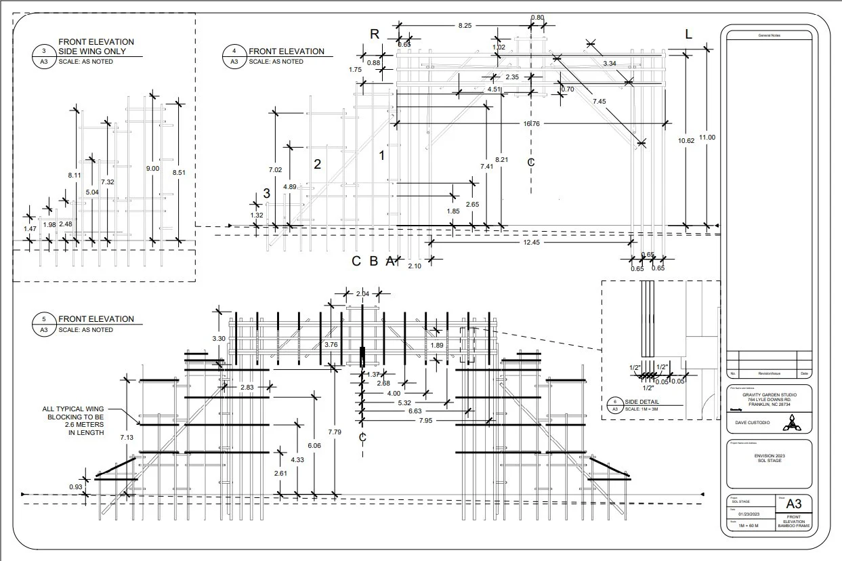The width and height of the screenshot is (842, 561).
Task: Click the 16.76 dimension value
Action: [531, 123]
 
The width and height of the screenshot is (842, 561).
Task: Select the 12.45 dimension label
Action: [531, 242]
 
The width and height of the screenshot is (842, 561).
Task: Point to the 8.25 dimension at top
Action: [465, 25]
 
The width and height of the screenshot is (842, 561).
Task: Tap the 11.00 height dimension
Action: [707, 138]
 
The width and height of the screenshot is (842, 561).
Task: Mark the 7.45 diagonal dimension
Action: [599, 101]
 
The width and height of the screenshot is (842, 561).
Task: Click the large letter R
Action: [374, 35]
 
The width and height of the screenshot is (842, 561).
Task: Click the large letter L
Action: [688, 35]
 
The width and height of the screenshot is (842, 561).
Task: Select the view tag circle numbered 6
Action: [615, 404]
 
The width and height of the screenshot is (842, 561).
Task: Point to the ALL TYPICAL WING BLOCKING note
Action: [73, 421]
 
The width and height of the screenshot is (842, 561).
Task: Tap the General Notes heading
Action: [767, 35]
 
